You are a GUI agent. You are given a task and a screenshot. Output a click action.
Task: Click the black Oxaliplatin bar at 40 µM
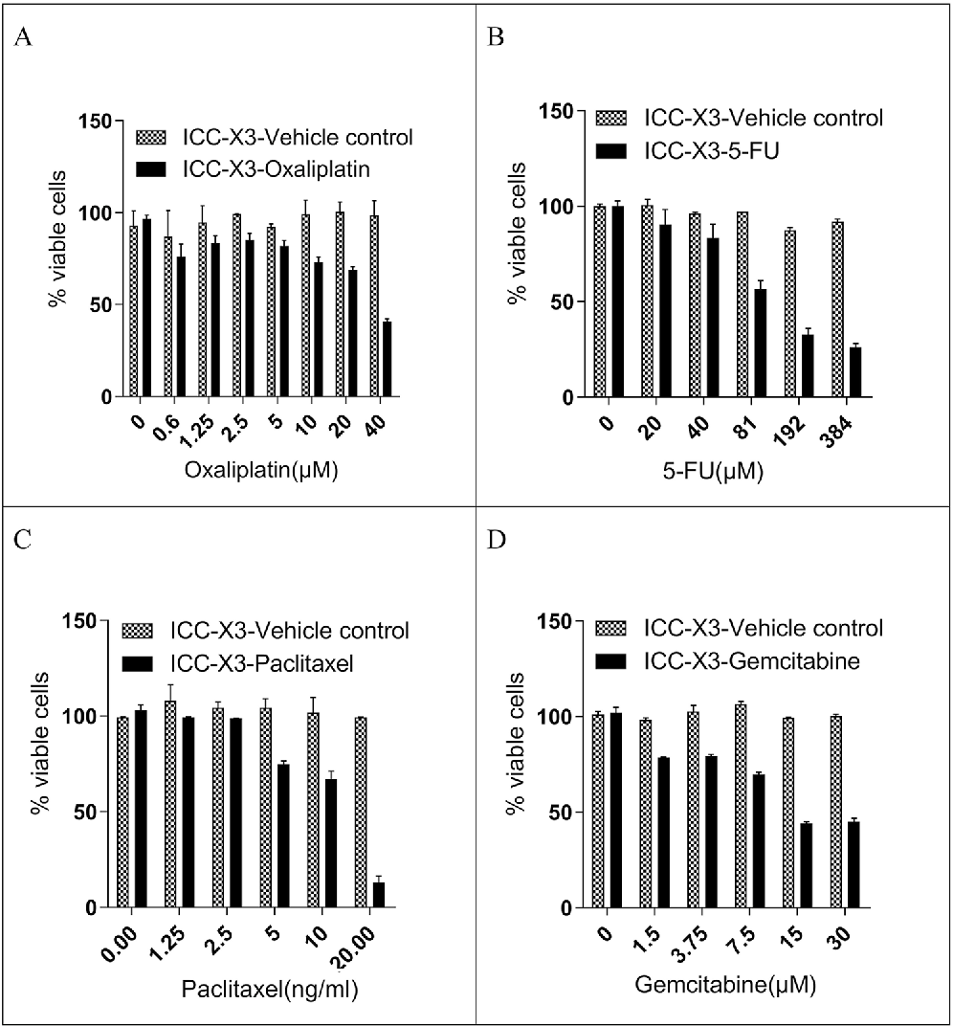point(386,359)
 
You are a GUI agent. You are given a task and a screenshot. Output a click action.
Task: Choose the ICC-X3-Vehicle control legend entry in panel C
point(289,631)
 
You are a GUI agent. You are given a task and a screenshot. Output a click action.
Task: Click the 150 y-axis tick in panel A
point(98,121)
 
